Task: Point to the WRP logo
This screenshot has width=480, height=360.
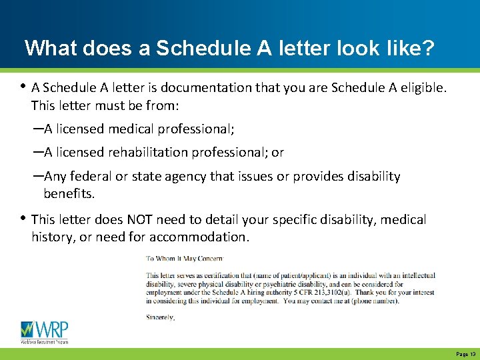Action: click(45, 331)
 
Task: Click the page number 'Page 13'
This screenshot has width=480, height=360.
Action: click(465, 355)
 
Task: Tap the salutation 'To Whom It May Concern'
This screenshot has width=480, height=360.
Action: click(185, 258)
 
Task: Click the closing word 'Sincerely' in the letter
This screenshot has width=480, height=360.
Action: click(160, 317)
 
